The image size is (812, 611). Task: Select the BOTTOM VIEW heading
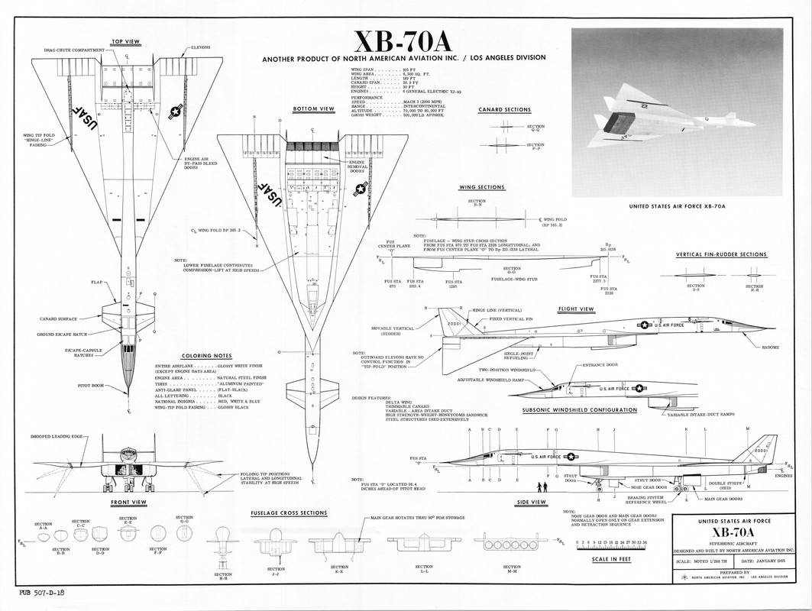(x=314, y=109)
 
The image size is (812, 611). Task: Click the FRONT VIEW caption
(x=128, y=502)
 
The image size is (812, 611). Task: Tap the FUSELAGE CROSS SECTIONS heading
(x=289, y=512)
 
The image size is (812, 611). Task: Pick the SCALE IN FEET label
(x=610, y=558)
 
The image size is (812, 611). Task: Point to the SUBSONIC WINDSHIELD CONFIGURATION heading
(x=580, y=409)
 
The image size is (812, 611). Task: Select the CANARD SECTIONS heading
(x=504, y=109)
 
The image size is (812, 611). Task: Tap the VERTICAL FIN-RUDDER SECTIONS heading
(x=721, y=254)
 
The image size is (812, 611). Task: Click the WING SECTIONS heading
(x=481, y=186)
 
